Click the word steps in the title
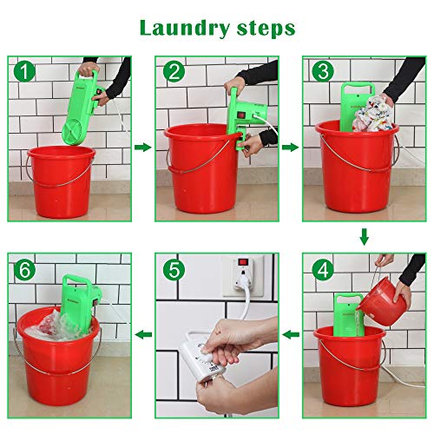pos(266,29)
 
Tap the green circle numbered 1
pos(25,71)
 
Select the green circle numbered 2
pos(174,71)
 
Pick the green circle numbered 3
pos(323,71)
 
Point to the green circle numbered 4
pos(323,270)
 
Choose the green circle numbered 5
pos(174,270)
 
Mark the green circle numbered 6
pos(25,270)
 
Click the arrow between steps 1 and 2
pos(143,148)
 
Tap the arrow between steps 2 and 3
pos(291,148)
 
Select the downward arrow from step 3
pos(365,237)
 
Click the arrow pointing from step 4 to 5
pos(291,335)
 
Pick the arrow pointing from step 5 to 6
pos(143,335)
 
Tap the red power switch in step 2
pos(242,115)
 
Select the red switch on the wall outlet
pos(243,263)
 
